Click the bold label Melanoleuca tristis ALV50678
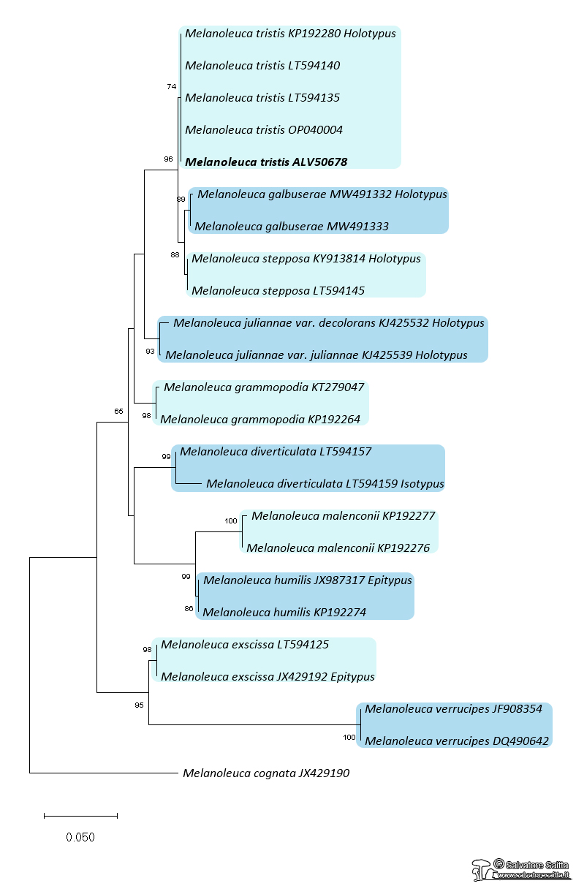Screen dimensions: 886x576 [x=266, y=162]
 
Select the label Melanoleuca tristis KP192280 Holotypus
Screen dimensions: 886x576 [x=290, y=34]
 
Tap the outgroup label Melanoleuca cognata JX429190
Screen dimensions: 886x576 [x=266, y=773]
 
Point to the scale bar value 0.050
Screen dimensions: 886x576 [x=80, y=837]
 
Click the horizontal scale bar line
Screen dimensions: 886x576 [x=80, y=815]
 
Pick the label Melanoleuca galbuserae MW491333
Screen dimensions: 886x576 [x=292, y=226]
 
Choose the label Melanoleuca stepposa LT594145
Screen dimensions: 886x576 [x=278, y=290]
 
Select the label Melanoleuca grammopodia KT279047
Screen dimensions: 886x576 [x=264, y=387]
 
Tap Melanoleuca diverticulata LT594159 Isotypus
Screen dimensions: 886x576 [x=325, y=483]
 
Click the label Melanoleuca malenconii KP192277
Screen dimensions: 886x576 [x=343, y=515]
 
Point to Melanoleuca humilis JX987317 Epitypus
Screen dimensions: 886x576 [x=308, y=580]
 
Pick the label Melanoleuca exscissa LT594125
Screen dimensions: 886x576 [x=245, y=644]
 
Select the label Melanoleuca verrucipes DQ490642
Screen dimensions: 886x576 [x=457, y=741]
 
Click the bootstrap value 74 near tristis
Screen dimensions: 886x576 [x=172, y=86]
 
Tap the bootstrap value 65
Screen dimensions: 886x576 [x=118, y=411]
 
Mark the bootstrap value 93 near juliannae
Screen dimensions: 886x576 [x=151, y=352]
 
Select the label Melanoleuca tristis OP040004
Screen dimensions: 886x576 [x=264, y=129]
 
